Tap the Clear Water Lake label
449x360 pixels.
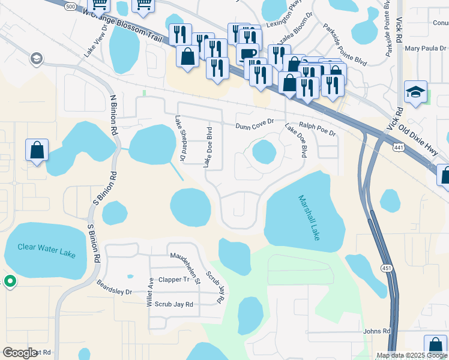point(46,251)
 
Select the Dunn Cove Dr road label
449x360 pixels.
point(255,124)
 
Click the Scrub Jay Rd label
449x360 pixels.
point(174,304)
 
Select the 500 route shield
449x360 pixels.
point(71,5)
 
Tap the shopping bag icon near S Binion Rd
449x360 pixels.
point(37,150)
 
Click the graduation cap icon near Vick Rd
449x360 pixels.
point(415,92)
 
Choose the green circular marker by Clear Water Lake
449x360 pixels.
point(10,281)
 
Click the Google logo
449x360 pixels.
point(19,353)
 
